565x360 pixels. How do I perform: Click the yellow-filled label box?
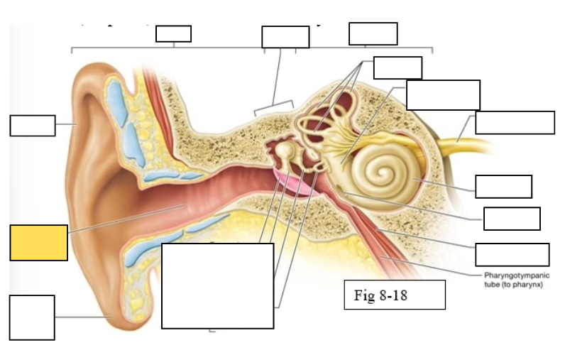(39, 243)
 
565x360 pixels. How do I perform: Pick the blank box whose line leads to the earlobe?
(32, 317)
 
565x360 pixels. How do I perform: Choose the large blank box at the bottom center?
(217, 285)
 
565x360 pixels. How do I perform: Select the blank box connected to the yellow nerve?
(515, 122)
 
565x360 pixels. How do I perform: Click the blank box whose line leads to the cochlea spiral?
(503, 186)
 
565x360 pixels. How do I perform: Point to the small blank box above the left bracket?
(173, 33)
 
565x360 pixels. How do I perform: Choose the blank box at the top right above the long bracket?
(373, 33)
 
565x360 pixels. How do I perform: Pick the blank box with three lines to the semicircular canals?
(397, 67)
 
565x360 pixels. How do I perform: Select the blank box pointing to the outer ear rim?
(32, 125)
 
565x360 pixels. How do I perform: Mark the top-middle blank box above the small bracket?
(285, 37)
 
